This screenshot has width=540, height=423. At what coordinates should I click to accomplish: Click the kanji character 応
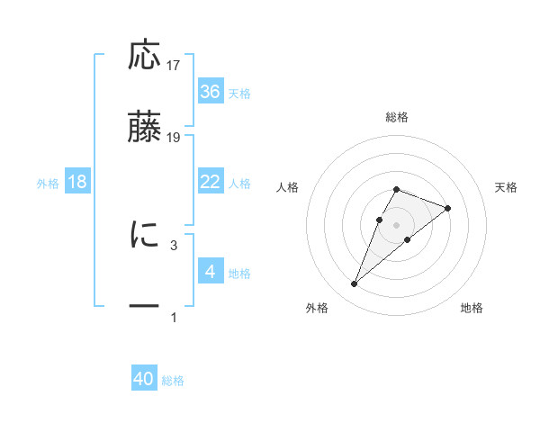(x=145, y=56)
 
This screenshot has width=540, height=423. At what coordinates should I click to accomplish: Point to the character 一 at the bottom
(x=145, y=307)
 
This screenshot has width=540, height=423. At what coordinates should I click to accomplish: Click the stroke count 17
(x=174, y=66)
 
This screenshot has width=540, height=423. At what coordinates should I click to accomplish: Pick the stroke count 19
(x=174, y=138)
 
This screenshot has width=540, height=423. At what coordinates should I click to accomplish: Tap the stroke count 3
(x=174, y=244)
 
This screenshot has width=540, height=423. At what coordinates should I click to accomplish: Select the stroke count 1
(x=174, y=317)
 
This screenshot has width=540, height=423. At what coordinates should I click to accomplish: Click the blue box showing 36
(x=210, y=92)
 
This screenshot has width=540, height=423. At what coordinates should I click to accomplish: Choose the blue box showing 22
(x=210, y=182)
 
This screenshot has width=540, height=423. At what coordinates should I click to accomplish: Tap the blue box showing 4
(x=210, y=272)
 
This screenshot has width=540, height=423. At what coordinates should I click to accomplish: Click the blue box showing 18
(x=77, y=182)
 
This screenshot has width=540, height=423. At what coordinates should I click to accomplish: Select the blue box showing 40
(x=144, y=379)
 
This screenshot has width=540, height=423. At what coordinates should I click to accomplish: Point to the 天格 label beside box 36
(x=238, y=94)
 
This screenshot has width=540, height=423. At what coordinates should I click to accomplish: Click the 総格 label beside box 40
(x=173, y=381)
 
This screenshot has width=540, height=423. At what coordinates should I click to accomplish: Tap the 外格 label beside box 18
(x=48, y=184)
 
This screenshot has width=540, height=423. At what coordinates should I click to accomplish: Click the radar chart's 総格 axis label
(x=396, y=117)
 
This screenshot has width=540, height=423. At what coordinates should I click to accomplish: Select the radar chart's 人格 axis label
(x=288, y=187)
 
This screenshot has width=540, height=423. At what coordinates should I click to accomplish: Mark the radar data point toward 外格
(x=354, y=284)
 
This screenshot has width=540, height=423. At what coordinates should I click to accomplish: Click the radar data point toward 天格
(x=447, y=208)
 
